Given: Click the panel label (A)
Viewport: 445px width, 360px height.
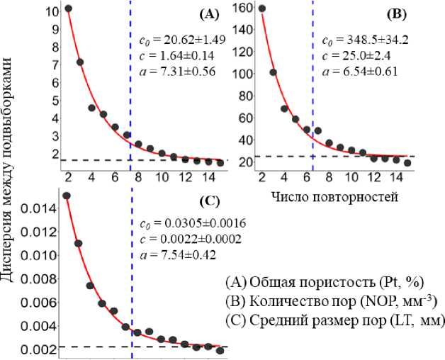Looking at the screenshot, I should [x=210, y=13].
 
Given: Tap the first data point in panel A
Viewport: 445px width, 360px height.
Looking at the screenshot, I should [x=68, y=9].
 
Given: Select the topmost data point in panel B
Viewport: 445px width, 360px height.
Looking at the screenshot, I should [x=262, y=9].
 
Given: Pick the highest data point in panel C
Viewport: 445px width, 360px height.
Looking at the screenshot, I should [x=67, y=196].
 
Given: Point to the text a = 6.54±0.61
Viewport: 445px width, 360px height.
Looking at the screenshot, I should [x=360, y=71].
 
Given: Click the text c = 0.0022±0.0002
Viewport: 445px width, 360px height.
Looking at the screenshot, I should [x=188, y=239].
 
